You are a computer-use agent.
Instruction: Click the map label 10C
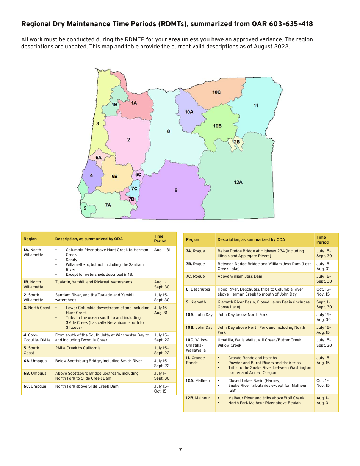coord(216,92)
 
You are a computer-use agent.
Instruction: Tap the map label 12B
coord(236,142)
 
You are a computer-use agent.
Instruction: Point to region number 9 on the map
coord(176,190)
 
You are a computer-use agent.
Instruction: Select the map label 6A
coord(99,157)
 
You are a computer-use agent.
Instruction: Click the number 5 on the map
coord(85,208)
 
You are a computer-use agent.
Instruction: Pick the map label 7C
coord(134,188)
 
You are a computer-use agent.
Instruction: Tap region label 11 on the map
coord(256,105)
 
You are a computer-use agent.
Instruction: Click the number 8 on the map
coord(169,131)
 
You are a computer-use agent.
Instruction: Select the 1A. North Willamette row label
coord(33,252)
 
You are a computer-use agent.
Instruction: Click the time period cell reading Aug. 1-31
coord(163,250)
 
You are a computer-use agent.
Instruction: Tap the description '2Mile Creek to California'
coord(78,348)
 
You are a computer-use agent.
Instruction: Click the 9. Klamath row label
coord(196,302)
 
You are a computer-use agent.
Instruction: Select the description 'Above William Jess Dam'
coord(240,277)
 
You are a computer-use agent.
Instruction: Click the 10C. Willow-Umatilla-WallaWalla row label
coord(197,345)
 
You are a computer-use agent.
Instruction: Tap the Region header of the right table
coord(193,239)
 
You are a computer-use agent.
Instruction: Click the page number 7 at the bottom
coord(180,450)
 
